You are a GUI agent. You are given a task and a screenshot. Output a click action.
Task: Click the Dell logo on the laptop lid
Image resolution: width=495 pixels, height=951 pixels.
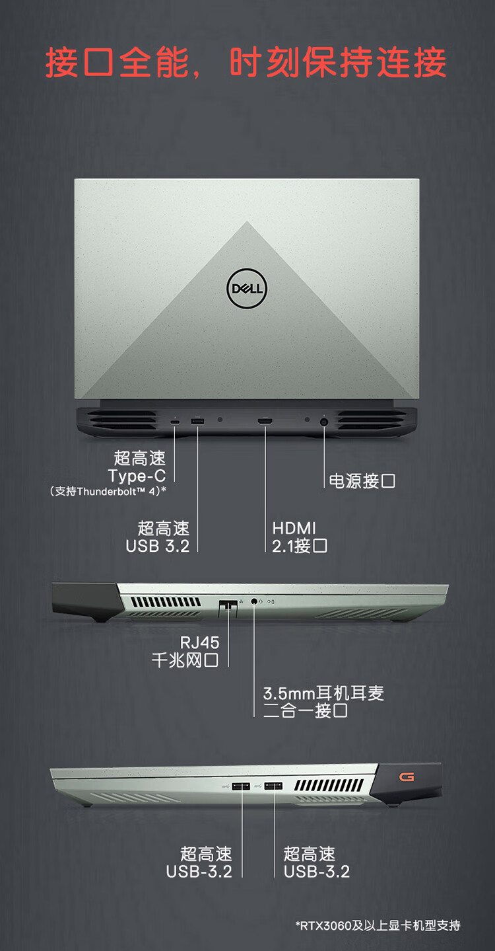[x=247, y=288]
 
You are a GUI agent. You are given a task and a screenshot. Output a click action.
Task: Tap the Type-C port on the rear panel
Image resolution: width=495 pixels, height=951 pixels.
[x=175, y=422]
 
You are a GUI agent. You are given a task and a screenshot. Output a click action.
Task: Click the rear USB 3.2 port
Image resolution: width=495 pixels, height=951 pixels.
[x=197, y=422]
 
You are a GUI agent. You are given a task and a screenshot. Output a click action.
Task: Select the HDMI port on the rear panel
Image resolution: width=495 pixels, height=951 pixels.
[x=265, y=422]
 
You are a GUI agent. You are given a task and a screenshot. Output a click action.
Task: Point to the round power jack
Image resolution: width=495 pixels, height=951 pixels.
[x=324, y=422]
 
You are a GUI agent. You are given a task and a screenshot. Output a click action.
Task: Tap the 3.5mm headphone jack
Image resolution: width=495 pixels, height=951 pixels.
[x=254, y=601]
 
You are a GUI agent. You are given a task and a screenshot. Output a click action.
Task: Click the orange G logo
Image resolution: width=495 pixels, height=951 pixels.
[x=406, y=777]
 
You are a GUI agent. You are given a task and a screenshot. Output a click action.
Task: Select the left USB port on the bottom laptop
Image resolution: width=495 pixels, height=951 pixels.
[x=240, y=786]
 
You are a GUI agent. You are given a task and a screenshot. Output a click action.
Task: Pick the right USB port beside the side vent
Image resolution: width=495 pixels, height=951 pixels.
[x=274, y=786]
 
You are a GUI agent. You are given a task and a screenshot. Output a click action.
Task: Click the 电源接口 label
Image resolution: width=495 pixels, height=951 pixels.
[x=362, y=481]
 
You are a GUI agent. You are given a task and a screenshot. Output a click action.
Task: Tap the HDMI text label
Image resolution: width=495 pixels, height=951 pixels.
[x=294, y=529]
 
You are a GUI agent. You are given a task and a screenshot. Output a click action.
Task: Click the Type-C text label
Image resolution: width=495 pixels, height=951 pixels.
[x=137, y=476]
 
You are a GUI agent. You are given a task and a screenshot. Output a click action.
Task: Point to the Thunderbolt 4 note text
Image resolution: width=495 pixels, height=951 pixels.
[x=108, y=492]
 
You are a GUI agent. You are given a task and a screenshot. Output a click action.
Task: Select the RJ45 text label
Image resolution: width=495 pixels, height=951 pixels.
[x=199, y=642]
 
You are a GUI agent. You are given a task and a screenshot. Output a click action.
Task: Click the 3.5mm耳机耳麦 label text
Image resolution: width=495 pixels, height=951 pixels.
[x=323, y=693]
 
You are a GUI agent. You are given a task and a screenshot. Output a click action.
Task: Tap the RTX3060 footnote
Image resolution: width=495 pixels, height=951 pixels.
[x=378, y=925]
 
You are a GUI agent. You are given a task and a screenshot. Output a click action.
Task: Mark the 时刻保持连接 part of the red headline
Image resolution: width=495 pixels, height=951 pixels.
[x=338, y=62]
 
